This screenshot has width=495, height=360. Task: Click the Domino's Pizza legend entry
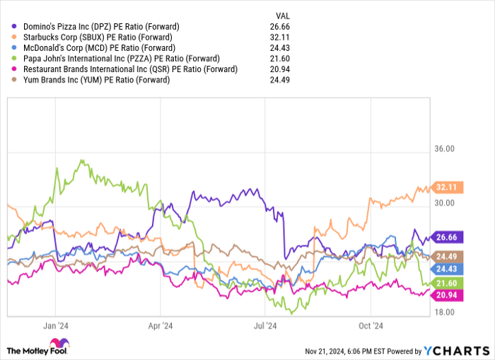pos(96,26)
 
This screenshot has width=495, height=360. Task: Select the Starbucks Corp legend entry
pos(95,37)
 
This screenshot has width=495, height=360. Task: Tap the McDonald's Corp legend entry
pos(95,47)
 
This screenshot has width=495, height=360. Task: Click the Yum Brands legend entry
pos(92,80)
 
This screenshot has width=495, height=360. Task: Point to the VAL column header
pos(281,15)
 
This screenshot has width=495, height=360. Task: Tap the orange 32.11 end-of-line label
pos(448,187)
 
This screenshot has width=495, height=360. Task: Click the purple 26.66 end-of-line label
pos(448,237)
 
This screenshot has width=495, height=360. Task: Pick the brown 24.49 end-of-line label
pos(448,256)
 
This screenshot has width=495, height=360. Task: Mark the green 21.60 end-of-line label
pos(448,283)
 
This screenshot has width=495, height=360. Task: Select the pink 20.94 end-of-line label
pos(448,295)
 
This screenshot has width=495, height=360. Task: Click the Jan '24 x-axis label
pos(54,326)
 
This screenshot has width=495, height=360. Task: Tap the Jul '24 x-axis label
pos(264,326)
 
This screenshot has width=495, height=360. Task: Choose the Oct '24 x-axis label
pos(370,326)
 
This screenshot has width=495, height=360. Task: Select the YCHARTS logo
pos(456,350)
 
